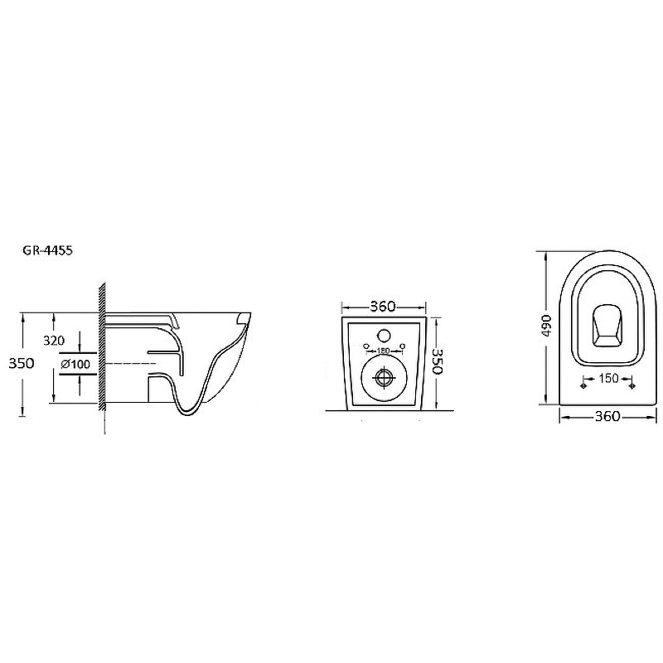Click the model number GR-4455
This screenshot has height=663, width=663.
pyautogui.click(x=47, y=250)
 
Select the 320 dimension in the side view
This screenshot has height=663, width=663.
pyautogui.click(x=54, y=341)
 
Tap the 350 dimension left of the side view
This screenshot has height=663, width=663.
pyautogui.click(x=22, y=363)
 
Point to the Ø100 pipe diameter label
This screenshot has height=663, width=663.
pyautogui.click(x=75, y=364)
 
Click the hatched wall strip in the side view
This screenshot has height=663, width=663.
pyautogui.click(x=102, y=346)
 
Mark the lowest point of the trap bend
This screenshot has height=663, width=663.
pyautogui.click(x=188, y=415)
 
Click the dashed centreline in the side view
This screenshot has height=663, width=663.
pyautogui.click(x=131, y=363)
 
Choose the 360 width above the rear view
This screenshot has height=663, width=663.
pyautogui.click(x=383, y=306)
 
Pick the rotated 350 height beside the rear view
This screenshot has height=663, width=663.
pyautogui.click(x=437, y=361)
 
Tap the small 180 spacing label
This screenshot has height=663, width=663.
pyautogui.click(x=383, y=351)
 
